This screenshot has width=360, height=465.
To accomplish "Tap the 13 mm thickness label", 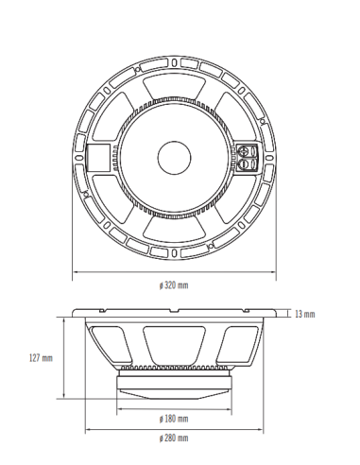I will (304, 313).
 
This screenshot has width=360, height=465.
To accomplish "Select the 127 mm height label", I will (41, 358).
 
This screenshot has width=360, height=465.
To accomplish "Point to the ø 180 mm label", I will (175, 418).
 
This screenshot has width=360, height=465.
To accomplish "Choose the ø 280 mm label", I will (175, 439).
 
